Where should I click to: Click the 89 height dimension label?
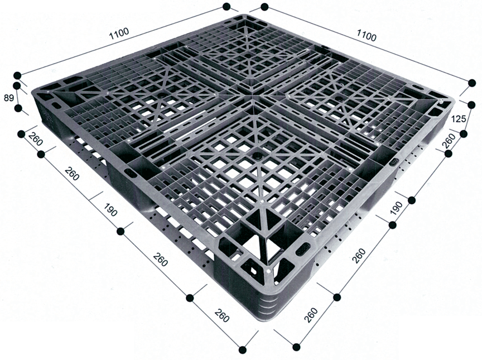9,98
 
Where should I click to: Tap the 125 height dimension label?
459,119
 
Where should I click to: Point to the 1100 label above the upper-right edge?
366,35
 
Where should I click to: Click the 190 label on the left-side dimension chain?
110,209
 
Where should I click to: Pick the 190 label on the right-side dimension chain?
396,208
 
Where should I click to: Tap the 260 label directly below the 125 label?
450,140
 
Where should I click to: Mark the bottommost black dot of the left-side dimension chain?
243,349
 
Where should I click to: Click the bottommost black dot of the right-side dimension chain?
296,347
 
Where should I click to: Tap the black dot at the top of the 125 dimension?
471,105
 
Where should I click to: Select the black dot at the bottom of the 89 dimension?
18,108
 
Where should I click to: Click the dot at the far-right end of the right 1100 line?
472,83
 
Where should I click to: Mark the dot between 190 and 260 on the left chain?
121,232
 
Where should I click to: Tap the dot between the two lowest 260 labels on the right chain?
337,297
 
